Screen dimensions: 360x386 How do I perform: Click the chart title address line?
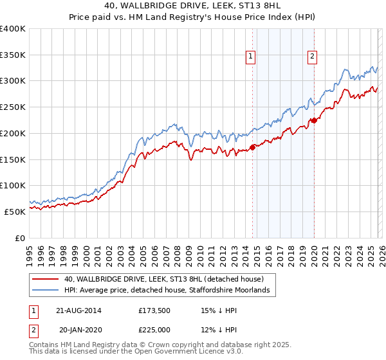pyautogui.click(x=192, y=6)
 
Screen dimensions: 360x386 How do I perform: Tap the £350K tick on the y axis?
pyautogui.click(x=13, y=55)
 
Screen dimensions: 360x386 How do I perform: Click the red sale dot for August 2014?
pyautogui.click(x=252, y=147)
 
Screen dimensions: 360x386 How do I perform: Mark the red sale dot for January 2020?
pyautogui.click(x=314, y=120)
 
